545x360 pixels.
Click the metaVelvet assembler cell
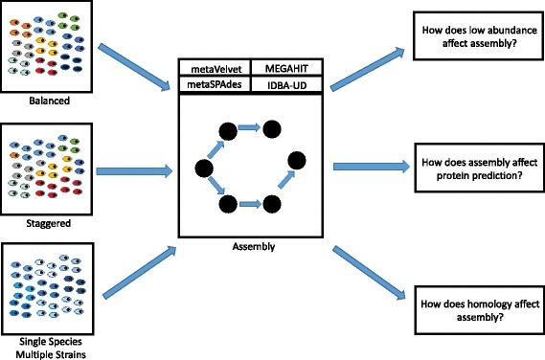click(214, 68)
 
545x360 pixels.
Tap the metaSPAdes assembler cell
click(214, 84)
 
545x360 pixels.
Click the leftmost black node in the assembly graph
click(203, 169)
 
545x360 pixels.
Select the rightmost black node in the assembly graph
click(298, 159)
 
